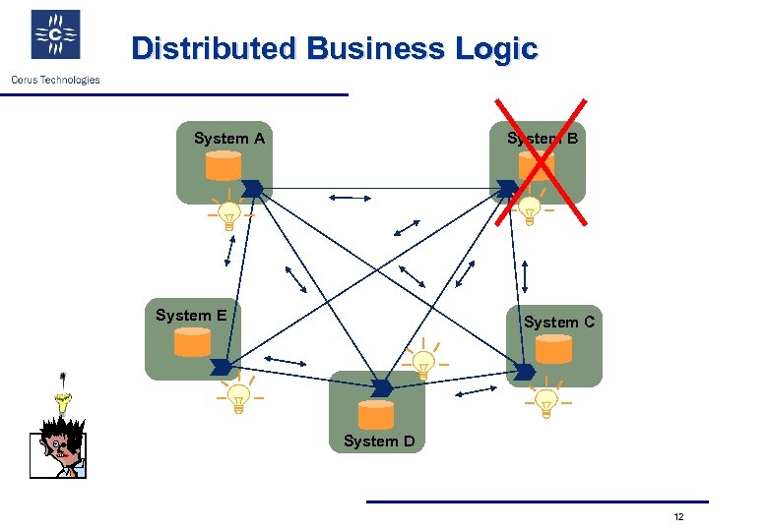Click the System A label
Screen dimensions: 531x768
coord(228,139)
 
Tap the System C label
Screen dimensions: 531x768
coord(558,322)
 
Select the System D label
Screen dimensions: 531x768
coord(379,442)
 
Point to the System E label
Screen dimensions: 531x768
coord(191,316)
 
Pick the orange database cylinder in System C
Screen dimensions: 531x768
coord(553,349)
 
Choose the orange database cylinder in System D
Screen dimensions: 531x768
coord(376,414)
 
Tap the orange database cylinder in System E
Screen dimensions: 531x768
coord(192,342)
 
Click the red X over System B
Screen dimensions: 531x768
coord(540,160)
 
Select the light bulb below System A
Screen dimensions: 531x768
coord(228,213)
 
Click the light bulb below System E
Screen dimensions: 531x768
coord(237,397)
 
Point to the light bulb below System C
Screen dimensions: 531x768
coord(544,401)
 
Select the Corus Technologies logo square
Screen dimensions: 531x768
coord(56,35)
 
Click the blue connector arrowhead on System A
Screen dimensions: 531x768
coord(252,187)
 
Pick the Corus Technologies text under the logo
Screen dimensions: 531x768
coord(55,80)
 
